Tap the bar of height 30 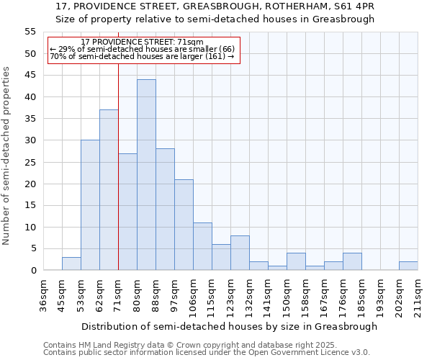(90, 205)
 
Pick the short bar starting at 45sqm (71, 264)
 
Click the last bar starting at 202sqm (408, 266)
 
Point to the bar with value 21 (184, 225)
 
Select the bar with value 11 (202, 246)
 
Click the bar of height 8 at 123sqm (240, 253)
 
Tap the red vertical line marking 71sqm (118, 166)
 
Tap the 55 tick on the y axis (30, 32)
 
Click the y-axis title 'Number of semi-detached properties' (7, 156)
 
